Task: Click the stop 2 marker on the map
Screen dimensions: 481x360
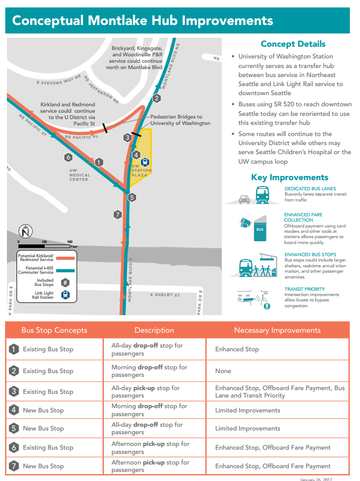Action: click(x=156, y=98)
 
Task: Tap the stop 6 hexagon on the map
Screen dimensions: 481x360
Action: click(x=68, y=157)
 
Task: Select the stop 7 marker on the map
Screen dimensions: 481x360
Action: click(x=118, y=215)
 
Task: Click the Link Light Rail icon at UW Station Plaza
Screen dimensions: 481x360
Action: click(x=146, y=162)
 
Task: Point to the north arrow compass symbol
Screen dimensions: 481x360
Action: click(x=26, y=232)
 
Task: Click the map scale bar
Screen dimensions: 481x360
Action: click(x=45, y=246)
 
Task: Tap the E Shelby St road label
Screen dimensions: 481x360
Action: click(x=165, y=295)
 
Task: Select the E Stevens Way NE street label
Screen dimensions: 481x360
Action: click(x=58, y=82)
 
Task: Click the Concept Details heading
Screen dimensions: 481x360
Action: click(x=293, y=44)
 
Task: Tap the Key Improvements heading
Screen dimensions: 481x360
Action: click(x=290, y=178)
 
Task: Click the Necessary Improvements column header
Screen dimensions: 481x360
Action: click(x=277, y=330)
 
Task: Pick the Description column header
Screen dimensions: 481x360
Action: click(x=154, y=330)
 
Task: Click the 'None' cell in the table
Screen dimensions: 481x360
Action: click(x=223, y=371)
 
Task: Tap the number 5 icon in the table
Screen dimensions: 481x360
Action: click(x=14, y=428)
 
